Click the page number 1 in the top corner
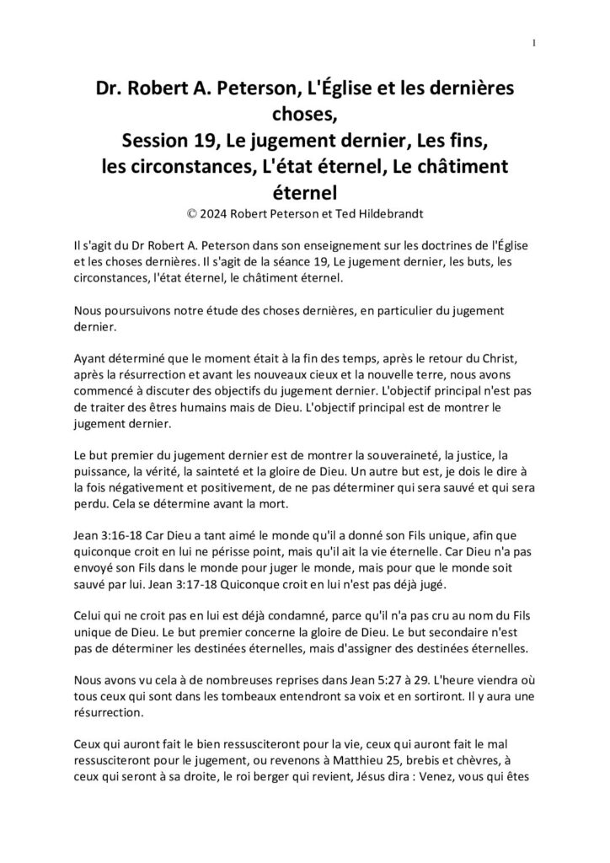coord(535,44)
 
